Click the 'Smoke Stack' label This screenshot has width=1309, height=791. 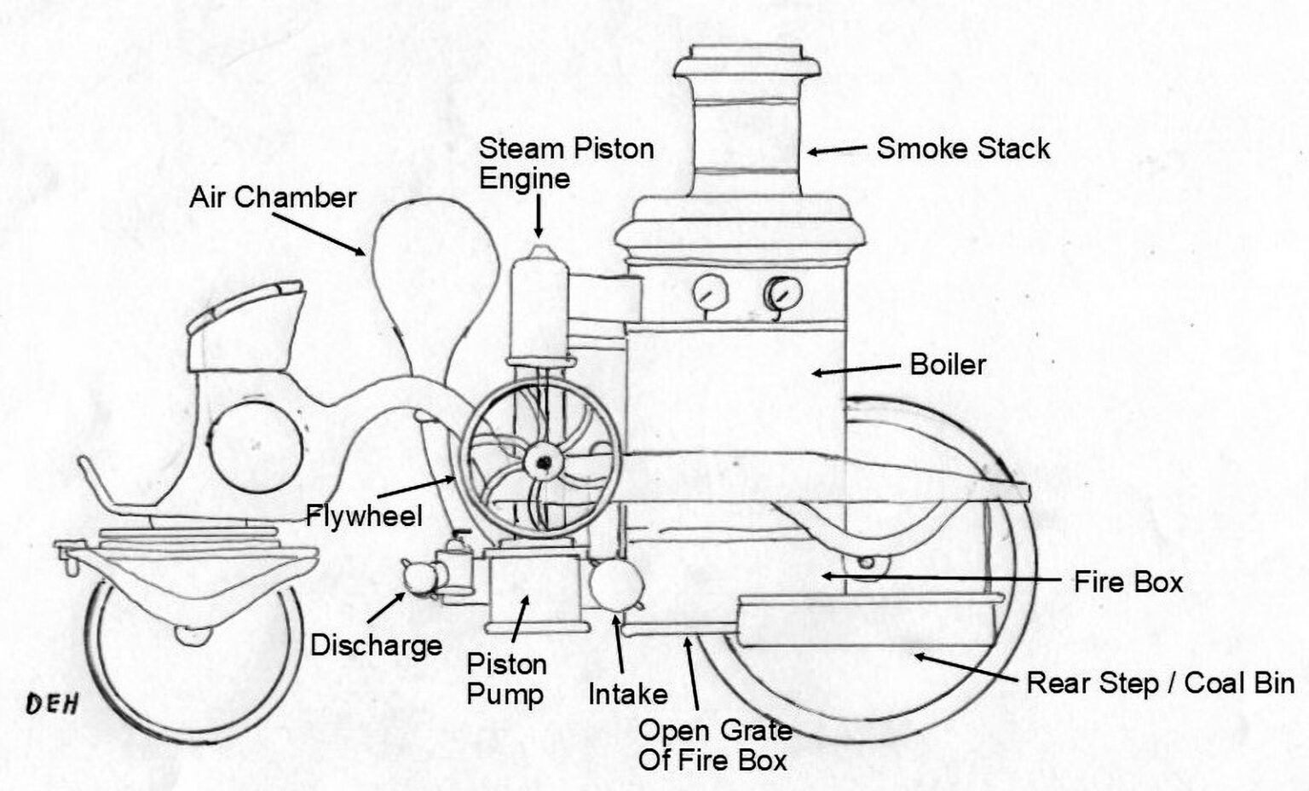963,149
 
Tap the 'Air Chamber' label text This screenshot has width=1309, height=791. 273,198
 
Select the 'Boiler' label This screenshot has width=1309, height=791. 948,365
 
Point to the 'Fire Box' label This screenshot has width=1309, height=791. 1127,582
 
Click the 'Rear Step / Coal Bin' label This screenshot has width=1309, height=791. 1160,683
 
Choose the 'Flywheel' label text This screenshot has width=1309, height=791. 364,516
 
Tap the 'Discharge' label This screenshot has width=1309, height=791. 376,645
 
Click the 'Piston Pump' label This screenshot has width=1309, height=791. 506,679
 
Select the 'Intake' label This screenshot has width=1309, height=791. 628,694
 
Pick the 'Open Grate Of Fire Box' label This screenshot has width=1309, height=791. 714,745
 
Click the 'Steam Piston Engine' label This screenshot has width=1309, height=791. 565,163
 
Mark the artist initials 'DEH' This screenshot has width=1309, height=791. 52,703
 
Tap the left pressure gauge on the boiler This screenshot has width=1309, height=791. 709,295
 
